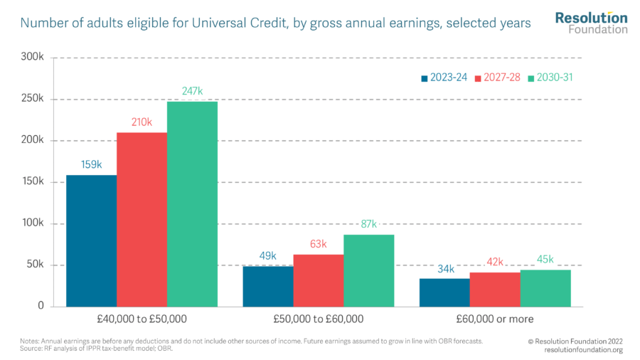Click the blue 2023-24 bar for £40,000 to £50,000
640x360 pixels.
91,240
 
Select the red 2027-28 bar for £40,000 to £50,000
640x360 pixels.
142,219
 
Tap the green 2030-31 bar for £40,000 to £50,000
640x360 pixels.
192,204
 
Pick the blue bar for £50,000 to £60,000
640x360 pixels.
268,286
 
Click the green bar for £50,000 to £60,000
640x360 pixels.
368,270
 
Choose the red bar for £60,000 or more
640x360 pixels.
494,289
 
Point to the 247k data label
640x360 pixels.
192,91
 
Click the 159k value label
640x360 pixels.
91,164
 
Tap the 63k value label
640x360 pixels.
318,244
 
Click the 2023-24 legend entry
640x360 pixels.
444,78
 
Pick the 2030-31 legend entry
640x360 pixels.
551,78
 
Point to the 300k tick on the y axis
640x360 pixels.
32,57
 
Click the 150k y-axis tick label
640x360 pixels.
32,182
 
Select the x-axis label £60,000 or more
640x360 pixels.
494,319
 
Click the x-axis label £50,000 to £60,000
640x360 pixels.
318,319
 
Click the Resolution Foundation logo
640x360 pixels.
591,23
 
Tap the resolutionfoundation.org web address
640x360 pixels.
583,349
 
